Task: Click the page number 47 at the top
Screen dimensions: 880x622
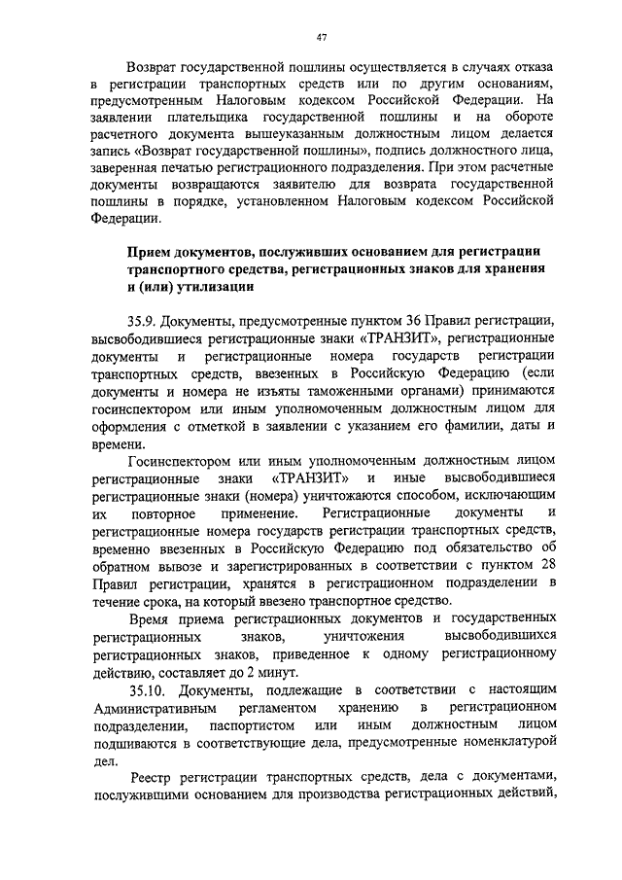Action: click(321, 38)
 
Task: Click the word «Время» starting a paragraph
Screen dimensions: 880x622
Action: click(149, 618)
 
